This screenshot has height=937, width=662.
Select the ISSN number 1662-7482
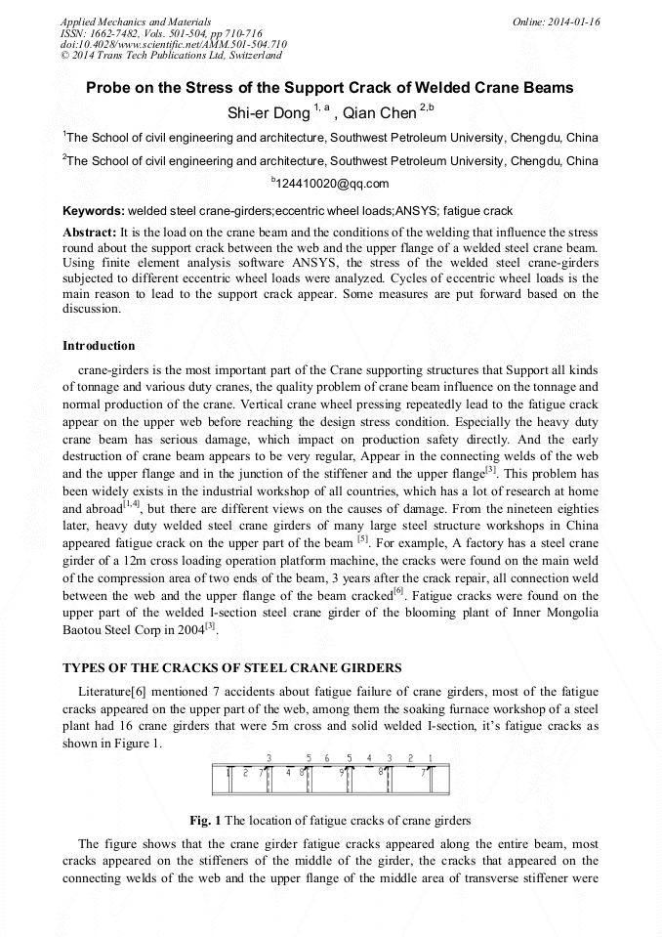[x=113, y=32]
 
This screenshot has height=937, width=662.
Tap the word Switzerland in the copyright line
[x=246, y=56]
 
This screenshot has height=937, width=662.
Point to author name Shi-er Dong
[x=268, y=113]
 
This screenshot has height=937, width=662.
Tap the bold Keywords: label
[x=94, y=211]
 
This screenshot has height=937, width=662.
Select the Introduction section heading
[x=99, y=346]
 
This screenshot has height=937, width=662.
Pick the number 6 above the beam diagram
[x=327, y=757]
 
